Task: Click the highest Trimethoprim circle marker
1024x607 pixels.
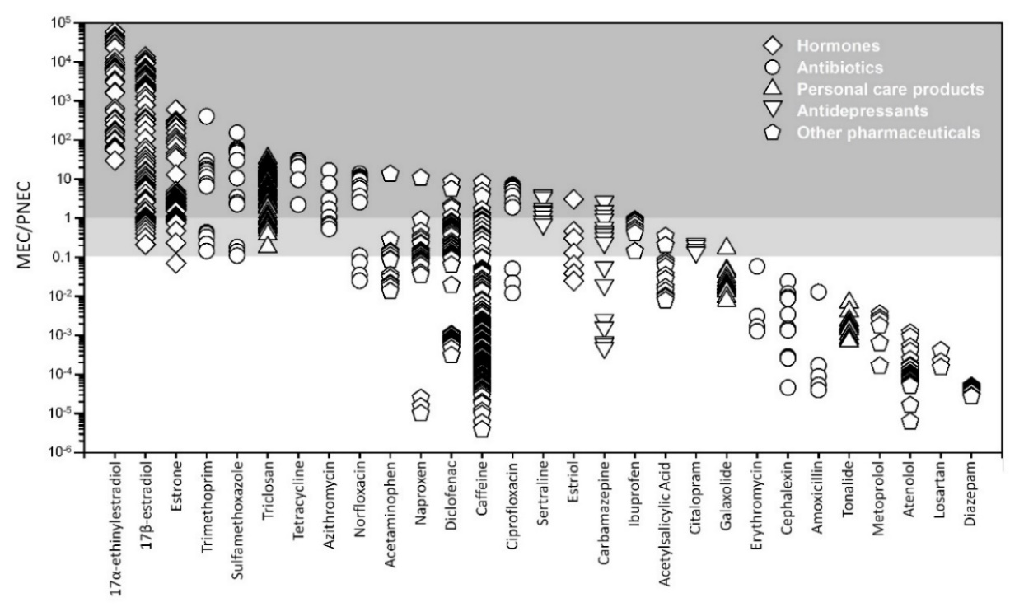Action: click(x=207, y=116)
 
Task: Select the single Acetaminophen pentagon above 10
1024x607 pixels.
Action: click(x=390, y=174)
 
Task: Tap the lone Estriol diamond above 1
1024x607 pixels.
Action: click(x=574, y=198)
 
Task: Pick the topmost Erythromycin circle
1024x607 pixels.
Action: click(x=757, y=266)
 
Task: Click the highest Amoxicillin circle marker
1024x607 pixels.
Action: click(x=818, y=292)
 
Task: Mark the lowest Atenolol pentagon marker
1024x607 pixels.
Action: click(x=910, y=421)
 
